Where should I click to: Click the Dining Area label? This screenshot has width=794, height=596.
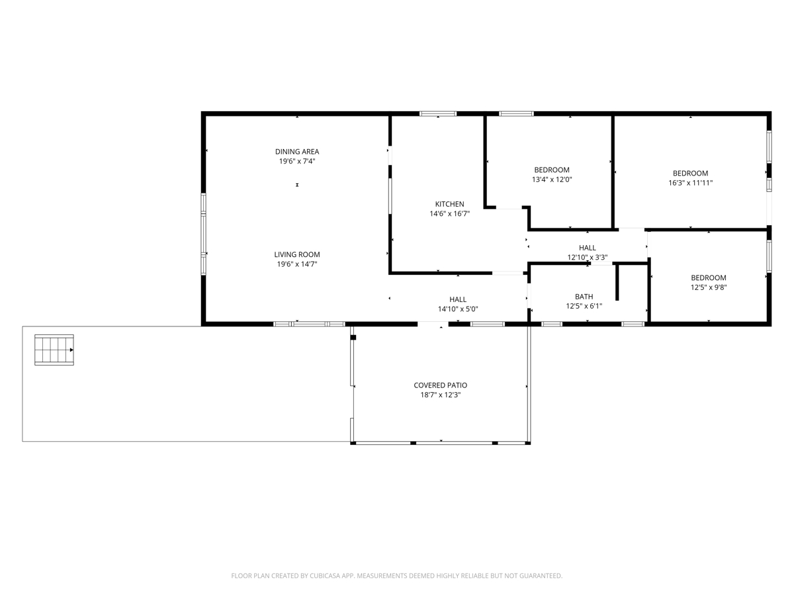[x=297, y=152]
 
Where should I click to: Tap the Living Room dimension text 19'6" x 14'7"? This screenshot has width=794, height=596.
[x=297, y=264]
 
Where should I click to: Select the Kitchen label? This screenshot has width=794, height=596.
[x=449, y=204]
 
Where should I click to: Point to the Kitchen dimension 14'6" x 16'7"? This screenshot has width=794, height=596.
[x=449, y=213]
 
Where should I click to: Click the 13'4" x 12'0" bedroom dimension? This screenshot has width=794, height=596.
[x=552, y=179]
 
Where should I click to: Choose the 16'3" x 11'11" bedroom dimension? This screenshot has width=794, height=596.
[x=690, y=183]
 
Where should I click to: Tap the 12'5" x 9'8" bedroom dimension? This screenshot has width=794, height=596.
[x=708, y=287]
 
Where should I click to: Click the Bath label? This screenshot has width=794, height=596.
[x=584, y=297]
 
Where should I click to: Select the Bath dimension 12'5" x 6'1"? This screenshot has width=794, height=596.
[x=584, y=306]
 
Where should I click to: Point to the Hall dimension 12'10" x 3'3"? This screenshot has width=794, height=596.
[x=587, y=258]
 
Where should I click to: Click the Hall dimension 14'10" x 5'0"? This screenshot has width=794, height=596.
[x=458, y=309]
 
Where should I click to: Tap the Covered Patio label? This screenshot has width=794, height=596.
[x=440, y=385]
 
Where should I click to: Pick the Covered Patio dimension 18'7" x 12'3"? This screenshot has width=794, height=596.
[x=440, y=395]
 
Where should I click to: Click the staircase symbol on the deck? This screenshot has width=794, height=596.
[x=54, y=350]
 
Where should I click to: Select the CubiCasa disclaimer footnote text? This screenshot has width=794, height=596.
[x=397, y=575]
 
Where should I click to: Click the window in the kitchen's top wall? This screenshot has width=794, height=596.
[x=438, y=114]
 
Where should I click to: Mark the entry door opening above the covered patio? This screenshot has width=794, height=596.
[x=433, y=324]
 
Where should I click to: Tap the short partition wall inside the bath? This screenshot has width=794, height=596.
[x=617, y=282]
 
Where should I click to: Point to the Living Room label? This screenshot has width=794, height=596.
[x=297, y=255]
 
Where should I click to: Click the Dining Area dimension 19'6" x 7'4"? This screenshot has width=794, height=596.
[x=297, y=161]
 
